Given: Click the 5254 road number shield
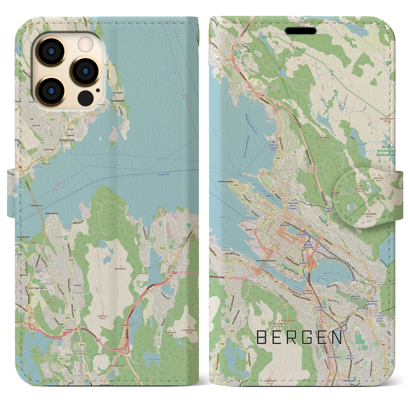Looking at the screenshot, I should [x=52, y=120].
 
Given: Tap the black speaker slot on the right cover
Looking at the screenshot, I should [x=301, y=31].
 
